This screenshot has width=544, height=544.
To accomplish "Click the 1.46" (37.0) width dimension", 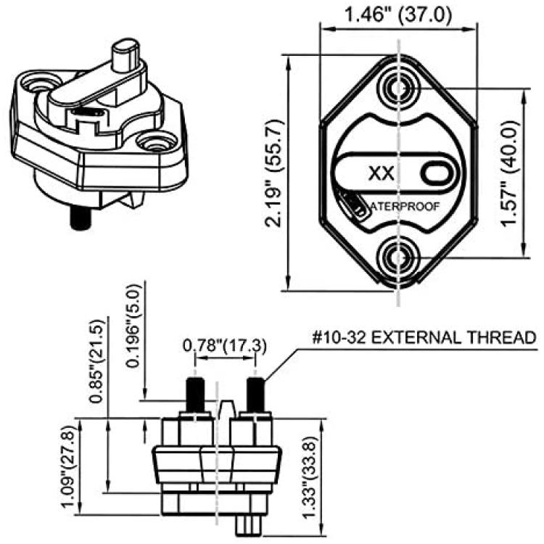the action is pos(397,15).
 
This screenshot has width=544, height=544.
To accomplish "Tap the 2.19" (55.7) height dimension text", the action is pos(274,173).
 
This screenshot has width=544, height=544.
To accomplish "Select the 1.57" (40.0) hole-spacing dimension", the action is pos(512,173).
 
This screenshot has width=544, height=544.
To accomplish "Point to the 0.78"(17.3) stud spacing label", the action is pos(225,346).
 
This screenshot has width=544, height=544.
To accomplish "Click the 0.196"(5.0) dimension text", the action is pos(134,326).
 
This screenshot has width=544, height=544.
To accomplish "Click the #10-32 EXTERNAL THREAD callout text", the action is pos(424,337).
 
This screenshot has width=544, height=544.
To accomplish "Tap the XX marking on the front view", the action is pos(381,173).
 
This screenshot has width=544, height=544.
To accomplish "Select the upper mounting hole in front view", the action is pos(398,88).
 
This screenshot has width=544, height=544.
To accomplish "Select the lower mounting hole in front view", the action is pos(398,257).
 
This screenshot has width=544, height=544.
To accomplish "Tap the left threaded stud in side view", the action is pos(196,395).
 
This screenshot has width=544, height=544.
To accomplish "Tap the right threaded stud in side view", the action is pos(255,395).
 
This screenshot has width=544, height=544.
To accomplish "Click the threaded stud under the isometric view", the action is pos(80,218).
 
